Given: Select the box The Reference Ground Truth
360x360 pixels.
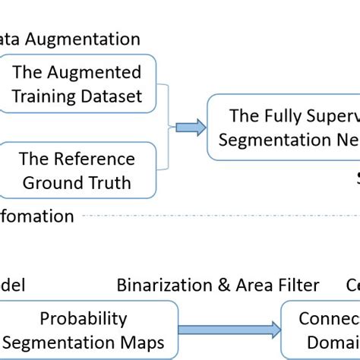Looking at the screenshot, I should point(76,170).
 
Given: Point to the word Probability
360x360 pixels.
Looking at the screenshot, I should point(83,318).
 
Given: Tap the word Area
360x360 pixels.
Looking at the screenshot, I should point(248,286).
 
